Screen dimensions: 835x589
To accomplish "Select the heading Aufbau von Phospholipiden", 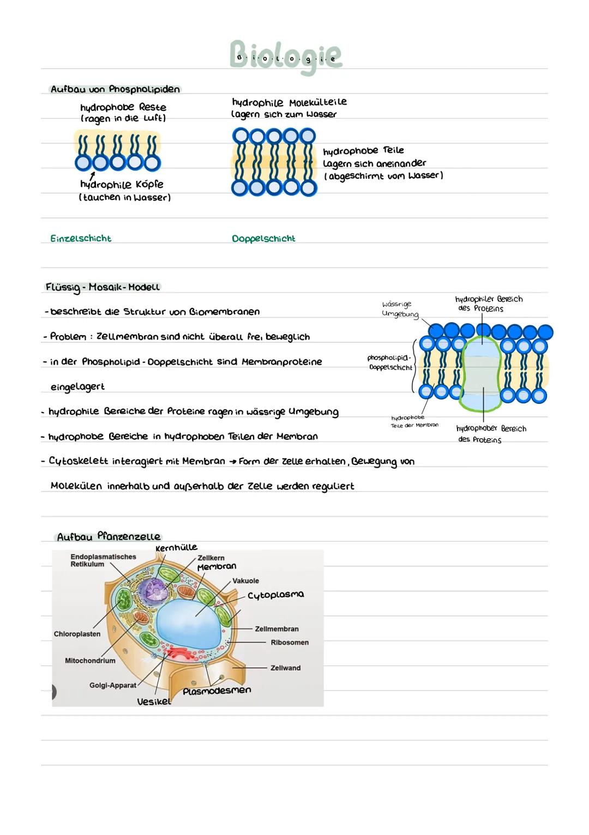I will pyautogui.click(x=115, y=89).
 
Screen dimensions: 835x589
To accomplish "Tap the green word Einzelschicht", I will pyautogui.click(x=81, y=238).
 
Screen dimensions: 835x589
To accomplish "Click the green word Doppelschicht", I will pyautogui.click(x=263, y=238).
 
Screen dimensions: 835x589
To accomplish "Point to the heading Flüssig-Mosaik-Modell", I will pyautogui.click(x=103, y=287).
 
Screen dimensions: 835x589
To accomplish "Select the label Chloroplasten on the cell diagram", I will pyautogui.click(x=77, y=634).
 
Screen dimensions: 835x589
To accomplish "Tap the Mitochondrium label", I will pyautogui.click(x=90, y=661).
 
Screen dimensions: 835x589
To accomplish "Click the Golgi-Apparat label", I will pyautogui.click(x=113, y=685).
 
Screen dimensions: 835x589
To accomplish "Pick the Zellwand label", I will pyautogui.click(x=285, y=668).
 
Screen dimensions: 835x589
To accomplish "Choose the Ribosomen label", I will pyautogui.click(x=290, y=643).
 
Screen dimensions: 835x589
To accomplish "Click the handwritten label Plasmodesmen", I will pyautogui.click(x=217, y=691).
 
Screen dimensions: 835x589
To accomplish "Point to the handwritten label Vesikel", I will pyautogui.click(x=154, y=702).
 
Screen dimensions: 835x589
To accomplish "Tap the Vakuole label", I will pyautogui.click(x=245, y=581).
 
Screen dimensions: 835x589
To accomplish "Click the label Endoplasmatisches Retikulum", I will pyautogui.click(x=103, y=560).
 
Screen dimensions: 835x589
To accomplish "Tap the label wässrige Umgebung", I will pyautogui.click(x=400, y=309).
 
